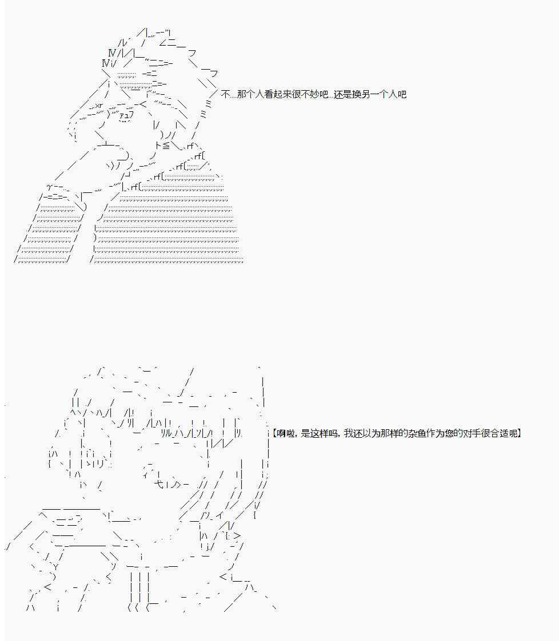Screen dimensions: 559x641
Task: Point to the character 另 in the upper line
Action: [366, 94]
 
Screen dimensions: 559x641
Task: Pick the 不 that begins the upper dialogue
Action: [225, 94]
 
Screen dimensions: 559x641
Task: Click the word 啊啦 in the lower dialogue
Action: [285, 433]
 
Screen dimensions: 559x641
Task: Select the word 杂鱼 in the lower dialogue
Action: [416, 433]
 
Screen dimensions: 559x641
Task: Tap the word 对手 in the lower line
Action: [471, 433]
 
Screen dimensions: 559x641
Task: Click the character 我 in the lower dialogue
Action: [348, 433]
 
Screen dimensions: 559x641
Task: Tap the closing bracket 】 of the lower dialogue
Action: [520, 433]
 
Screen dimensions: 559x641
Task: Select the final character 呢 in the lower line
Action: [513, 433]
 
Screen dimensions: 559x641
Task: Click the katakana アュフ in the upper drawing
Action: [126, 115]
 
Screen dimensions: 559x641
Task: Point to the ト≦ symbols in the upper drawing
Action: [162, 145]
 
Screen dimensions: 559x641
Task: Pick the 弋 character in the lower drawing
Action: [159, 485]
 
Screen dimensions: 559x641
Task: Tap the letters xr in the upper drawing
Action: [99, 106]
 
